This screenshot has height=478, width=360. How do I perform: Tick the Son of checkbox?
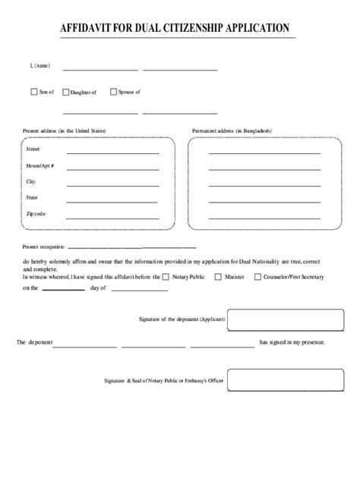pos(33,92)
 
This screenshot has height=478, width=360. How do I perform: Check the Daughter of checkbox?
pos(65,92)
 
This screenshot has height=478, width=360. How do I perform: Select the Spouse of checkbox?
pos(113,92)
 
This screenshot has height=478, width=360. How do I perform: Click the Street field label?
pos(33,150)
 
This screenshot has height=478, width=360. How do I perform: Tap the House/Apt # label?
pos(39,165)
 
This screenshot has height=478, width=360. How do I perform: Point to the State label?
pos(33,197)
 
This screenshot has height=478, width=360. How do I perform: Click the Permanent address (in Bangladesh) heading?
pos(232,131)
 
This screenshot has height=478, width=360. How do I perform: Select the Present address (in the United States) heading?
pos(65,131)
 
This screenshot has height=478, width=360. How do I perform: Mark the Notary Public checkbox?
pos(166,277)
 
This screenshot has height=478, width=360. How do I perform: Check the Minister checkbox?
pos(219,277)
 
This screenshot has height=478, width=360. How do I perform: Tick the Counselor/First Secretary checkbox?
pos(257,277)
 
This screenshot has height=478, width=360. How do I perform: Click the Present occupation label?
pos(44,247)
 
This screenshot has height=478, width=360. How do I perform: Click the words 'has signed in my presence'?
pos(292,343)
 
